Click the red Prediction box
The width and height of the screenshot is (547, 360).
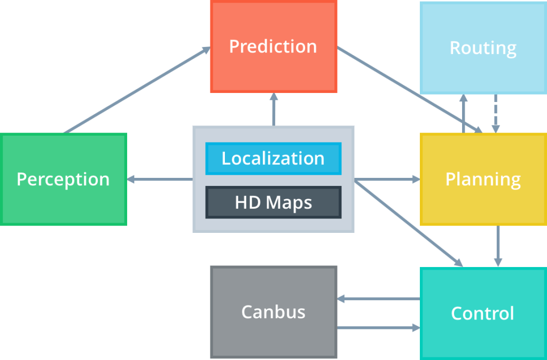(x=273, y=46)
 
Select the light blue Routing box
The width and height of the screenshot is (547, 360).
(x=483, y=48)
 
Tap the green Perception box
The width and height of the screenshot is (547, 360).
(x=63, y=179)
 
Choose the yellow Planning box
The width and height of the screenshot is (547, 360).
(x=483, y=179)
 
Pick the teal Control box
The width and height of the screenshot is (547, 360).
(x=483, y=313)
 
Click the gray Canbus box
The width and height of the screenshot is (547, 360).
(x=273, y=312)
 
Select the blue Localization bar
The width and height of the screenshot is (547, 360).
(x=273, y=158)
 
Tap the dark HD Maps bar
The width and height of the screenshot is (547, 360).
(x=273, y=202)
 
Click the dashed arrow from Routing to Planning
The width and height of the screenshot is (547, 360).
(x=496, y=113)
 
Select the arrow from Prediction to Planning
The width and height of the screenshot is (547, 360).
(x=411, y=91)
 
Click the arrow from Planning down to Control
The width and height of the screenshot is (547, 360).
(x=498, y=246)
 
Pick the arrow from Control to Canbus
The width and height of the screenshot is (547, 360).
(x=378, y=299)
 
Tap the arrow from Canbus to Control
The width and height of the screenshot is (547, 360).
(x=378, y=327)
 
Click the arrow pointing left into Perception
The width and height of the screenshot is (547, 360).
(x=160, y=179)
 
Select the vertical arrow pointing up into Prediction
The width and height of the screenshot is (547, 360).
(x=273, y=109)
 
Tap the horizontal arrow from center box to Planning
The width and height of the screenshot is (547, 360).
(x=387, y=179)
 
